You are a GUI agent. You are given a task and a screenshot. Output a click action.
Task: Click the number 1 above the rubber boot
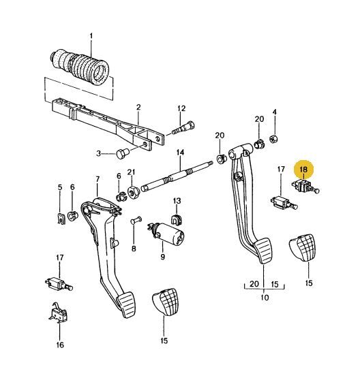coord(91,37)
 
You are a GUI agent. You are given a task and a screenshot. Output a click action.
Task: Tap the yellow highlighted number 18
coord(303,170)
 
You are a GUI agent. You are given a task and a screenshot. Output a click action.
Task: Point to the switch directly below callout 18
coord(305,187)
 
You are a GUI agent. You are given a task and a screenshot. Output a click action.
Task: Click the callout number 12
coord(181,108)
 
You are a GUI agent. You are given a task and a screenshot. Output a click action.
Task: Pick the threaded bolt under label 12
coord(183,128)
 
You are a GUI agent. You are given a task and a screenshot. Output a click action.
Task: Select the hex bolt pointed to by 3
coord(123,153)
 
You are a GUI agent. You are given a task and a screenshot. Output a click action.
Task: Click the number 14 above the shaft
coord(180,153)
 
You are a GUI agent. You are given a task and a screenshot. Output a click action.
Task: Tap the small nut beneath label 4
coord(274,139)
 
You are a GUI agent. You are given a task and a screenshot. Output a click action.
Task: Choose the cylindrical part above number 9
coord(166,234)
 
